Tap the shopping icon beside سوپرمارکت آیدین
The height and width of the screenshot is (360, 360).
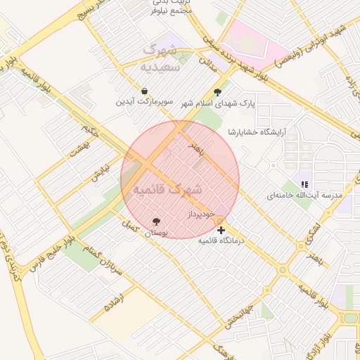(x=144, y=91)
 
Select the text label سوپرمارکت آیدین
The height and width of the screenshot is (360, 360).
(x=144, y=102)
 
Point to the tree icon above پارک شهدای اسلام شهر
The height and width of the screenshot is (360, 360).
(x=217, y=91)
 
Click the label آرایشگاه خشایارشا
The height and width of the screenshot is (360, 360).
(x=255, y=132)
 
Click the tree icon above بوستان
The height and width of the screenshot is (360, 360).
(x=156, y=221)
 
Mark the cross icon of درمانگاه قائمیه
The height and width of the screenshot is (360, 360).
(x=221, y=230)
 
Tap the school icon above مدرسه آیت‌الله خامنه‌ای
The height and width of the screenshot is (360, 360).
(x=304, y=184)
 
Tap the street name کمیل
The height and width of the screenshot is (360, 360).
(x=129, y=226)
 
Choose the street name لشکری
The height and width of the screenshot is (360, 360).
(x=314, y=230)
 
